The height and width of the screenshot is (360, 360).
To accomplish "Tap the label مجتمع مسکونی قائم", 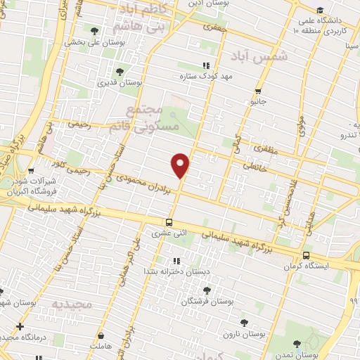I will pyautogui.click(x=154, y=118).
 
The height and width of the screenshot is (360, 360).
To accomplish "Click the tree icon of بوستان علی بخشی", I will pyautogui.click(x=95, y=30).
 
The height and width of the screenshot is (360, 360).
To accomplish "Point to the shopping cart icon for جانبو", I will pyautogui.click(x=259, y=91).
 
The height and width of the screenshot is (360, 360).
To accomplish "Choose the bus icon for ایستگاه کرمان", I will pyautogui.click(x=305, y=255).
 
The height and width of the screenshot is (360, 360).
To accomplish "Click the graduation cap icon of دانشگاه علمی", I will pyautogui.click(x=321, y=10).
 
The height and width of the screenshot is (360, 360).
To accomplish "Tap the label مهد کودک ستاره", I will pyautogui.click(x=206, y=76).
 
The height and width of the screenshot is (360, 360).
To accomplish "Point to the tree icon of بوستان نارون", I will pyautogui.click(x=244, y=323).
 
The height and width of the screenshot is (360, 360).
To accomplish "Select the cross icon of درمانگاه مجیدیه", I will pyautogui.click(x=20, y=326).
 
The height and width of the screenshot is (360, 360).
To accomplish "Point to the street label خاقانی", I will pyautogui.click(x=254, y=167).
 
